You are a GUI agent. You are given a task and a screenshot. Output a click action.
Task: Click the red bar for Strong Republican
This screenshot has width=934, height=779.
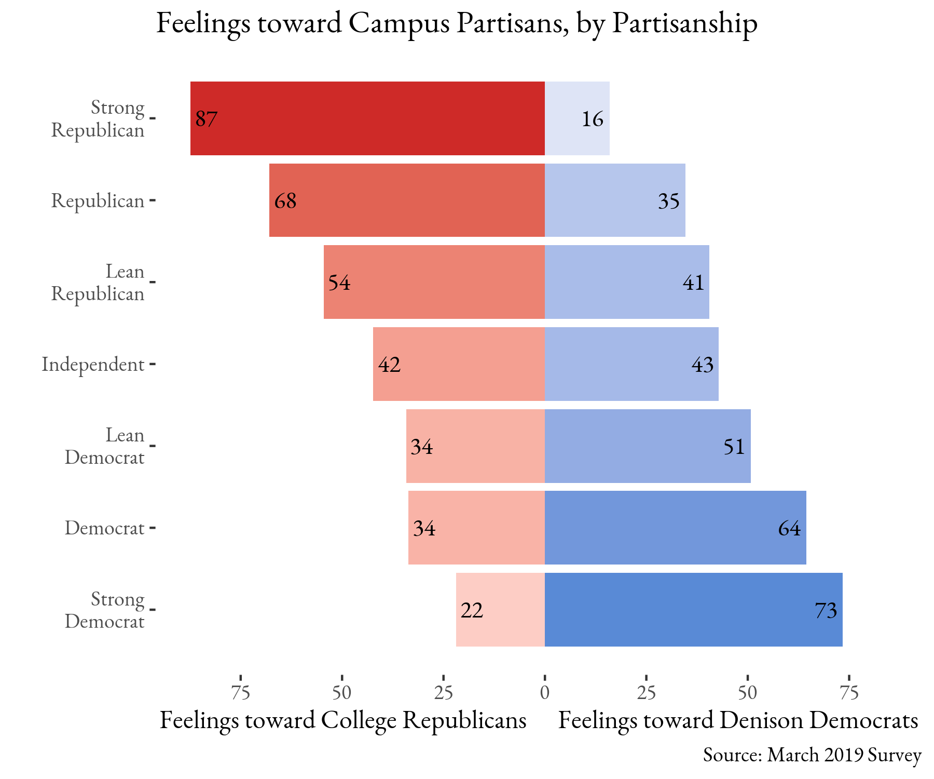tap(367, 118)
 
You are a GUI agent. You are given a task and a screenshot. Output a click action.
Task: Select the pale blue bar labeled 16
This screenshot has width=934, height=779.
tap(577, 118)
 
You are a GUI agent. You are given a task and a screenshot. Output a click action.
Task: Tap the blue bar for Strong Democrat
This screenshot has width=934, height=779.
tap(693, 610)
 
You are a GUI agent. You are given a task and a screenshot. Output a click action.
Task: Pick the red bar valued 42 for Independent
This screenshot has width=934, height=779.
tap(459, 364)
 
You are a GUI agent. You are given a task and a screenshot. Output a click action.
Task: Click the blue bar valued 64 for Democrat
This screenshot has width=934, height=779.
tap(675, 528)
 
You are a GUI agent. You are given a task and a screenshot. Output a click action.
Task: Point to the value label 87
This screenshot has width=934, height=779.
tap(207, 119)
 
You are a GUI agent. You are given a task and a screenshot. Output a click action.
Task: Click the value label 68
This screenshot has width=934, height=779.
tap(285, 201)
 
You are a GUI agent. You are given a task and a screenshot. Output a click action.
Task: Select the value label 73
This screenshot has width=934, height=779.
tap(826, 611)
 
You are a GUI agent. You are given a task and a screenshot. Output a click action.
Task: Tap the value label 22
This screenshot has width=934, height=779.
tap(472, 611)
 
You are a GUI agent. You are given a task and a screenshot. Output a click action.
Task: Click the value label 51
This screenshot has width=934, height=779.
tap(734, 447)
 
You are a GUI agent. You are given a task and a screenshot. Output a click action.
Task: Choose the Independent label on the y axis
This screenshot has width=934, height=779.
tap(93, 365)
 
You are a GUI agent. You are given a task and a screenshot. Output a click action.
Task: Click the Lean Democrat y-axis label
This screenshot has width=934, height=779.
tap(104, 446)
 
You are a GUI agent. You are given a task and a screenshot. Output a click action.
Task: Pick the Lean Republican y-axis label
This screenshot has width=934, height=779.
tap(98, 283)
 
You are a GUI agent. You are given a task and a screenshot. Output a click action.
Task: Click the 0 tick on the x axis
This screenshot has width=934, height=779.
tap(544, 693)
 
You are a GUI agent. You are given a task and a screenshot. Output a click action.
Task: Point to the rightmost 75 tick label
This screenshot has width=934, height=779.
tap(849, 693)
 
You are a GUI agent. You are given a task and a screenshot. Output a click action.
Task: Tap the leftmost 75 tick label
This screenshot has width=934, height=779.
tap(241, 693)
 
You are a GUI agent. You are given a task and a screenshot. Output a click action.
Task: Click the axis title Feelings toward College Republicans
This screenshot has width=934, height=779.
tap(343, 720)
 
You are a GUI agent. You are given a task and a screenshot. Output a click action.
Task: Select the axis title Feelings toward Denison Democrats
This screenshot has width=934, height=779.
tap(738, 720)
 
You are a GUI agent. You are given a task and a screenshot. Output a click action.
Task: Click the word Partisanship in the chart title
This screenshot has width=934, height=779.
tap(684, 23)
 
